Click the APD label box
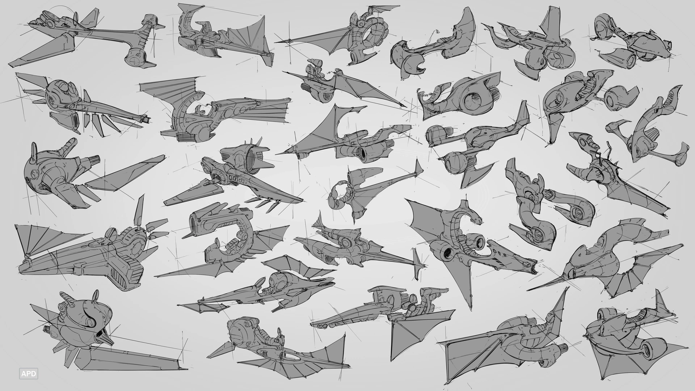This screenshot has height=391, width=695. (29, 374)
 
